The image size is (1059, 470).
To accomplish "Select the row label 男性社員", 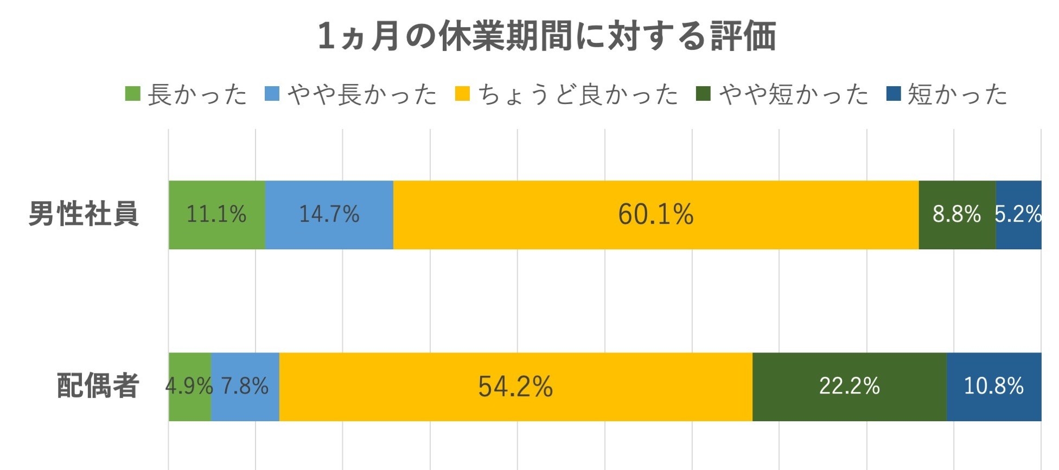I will pyautogui.click(x=84, y=214).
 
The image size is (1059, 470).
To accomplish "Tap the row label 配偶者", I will pyautogui.click(x=98, y=386).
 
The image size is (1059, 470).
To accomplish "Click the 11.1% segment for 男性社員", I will pyautogui.click(x=216, y=215).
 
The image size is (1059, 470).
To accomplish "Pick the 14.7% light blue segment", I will pyautogui.click(x=329, y=215).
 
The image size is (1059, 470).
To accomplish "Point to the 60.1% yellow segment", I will pyautogui.click(x=655, y=215).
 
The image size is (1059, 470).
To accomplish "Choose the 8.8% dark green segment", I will pyautogui.click(x=957, y=215).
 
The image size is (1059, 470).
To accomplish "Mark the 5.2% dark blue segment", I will pyautogui.click(x=1018, y=215).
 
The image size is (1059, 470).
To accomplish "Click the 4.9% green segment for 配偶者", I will pyautogui.click(x=189, y=387).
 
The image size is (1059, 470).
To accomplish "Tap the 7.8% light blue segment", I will pyautogui.click(x=245, y=387).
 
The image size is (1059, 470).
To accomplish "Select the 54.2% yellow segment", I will pyautogui.click(x=515, y=387).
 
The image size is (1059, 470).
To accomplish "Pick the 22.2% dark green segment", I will pyautogui.click(x=849, y=387).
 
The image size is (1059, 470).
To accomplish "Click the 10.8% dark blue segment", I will pyautogui.click(x=993, y=387).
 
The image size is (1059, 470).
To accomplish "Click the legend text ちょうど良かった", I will pyautogui.click(x=578, y=94).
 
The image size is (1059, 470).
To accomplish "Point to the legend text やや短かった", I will pyautogui.click(x=794, y=94).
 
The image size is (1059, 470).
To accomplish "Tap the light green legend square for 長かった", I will pyautogui.click(x=133, y=94).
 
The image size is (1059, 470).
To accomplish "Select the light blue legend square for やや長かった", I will pyautogui.click(x=272, y=94).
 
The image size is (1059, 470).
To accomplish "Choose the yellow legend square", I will pyautogui.click(x=462, y=94).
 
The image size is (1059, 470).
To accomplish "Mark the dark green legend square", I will pyautogui.click(x=703, y=94).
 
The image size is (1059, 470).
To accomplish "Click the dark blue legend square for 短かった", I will pyautogui.click(x=893, y=94).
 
